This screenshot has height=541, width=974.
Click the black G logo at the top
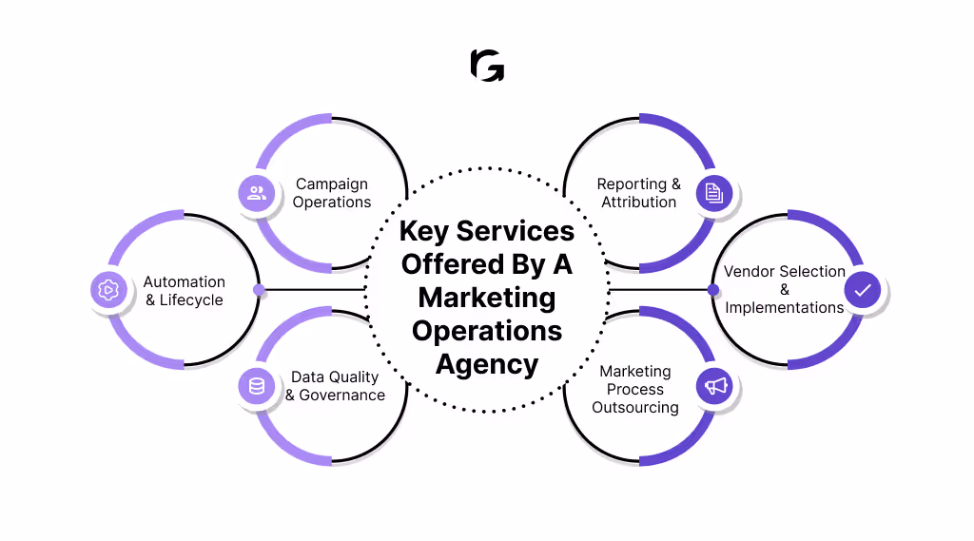pyautogui.click(x=487, y=66)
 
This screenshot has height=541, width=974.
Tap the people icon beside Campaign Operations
pyautogui.click(x=256, y=194)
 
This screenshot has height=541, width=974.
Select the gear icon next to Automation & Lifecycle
pyautogui.click(x=108, y=290)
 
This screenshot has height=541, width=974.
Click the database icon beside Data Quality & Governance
pyautogui.click(x=256, y=386)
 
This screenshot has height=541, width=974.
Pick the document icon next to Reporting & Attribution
pyautogui.click(x=714, y=194)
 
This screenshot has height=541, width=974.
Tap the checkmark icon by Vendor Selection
pyautogui.click(x=862, y=290)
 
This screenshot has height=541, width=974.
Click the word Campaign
pyautogui.click(x=331, y=184)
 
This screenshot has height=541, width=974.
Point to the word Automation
pyautogui.click(x=185, y=281)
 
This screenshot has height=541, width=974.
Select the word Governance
pyautogui.click(x=342, y=396)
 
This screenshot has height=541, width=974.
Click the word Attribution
pyautogui.click(x=639, y=203)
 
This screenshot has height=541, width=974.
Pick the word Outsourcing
pyautogui.click(x=635, y=408)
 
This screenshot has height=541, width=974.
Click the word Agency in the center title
pyautogui.click(x=487, y=364)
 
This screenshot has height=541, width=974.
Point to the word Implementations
pyautogui.click(x=785, y=308)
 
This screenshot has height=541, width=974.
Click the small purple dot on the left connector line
pyautogui.click(x=259, y=289)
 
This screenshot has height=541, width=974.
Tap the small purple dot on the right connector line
pyautogui.click(x=713, y=289)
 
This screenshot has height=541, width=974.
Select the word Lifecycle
pyautogui.click(x=191, y=300)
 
